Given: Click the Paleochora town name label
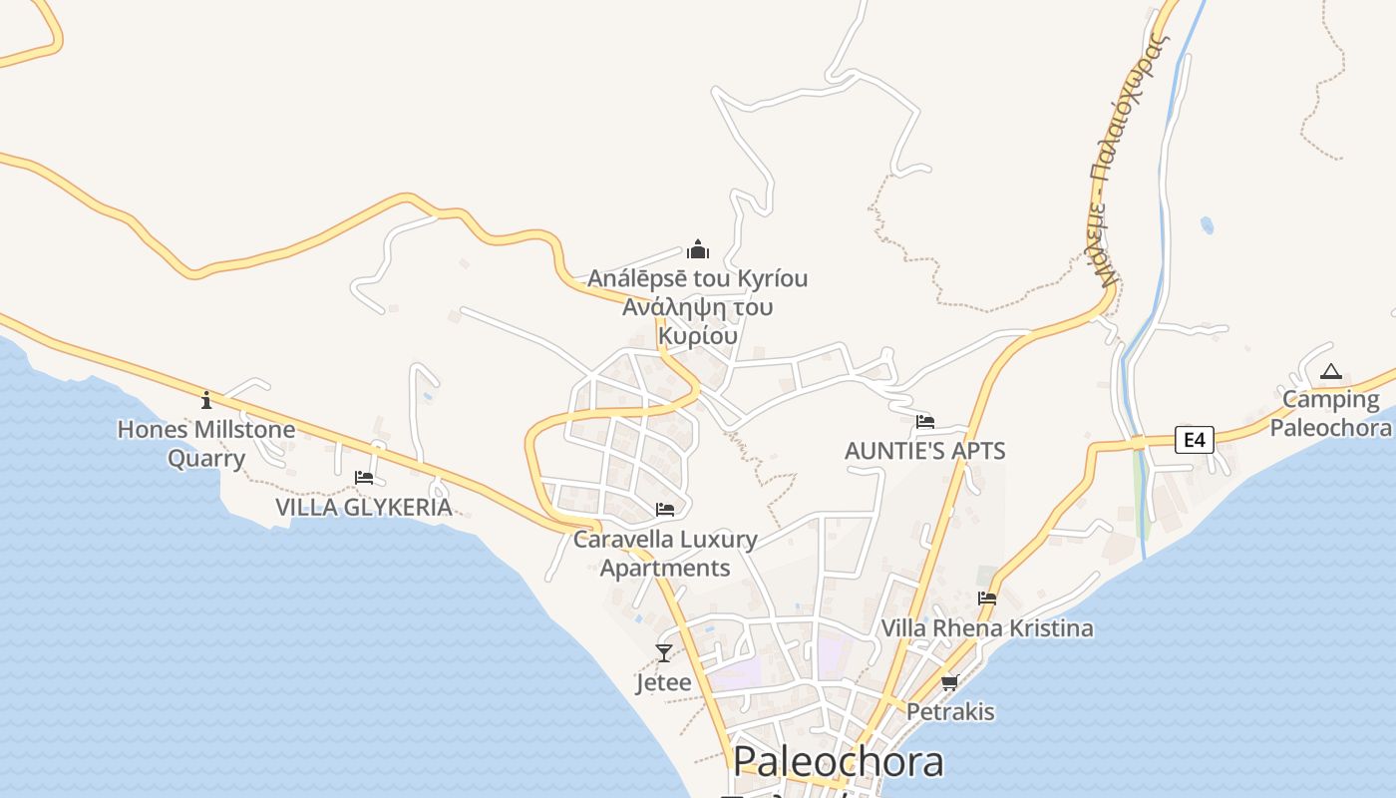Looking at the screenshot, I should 838,761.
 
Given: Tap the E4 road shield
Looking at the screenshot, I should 1193,439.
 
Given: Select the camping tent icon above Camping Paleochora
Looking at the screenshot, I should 1330,373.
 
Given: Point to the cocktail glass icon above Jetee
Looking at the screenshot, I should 664,653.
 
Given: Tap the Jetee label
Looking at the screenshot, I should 664,683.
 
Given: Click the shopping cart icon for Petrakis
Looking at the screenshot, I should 949,683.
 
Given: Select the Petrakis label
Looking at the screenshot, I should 950,712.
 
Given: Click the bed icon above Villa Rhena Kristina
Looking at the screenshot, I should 987,598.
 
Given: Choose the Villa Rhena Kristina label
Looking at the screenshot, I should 987,628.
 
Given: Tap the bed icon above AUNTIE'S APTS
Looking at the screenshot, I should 925,422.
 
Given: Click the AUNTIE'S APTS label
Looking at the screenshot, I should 925,451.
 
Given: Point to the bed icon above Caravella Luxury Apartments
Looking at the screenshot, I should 665,510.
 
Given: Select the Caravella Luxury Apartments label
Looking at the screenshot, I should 665,554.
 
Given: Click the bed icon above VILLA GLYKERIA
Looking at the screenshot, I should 364,478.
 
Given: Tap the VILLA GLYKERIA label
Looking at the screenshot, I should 364,508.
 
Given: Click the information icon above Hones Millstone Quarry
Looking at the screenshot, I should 206,400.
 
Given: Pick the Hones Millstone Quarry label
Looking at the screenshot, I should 206,444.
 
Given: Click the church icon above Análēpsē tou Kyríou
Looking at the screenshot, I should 698,248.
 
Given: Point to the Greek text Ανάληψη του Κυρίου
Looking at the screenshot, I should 698,321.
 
